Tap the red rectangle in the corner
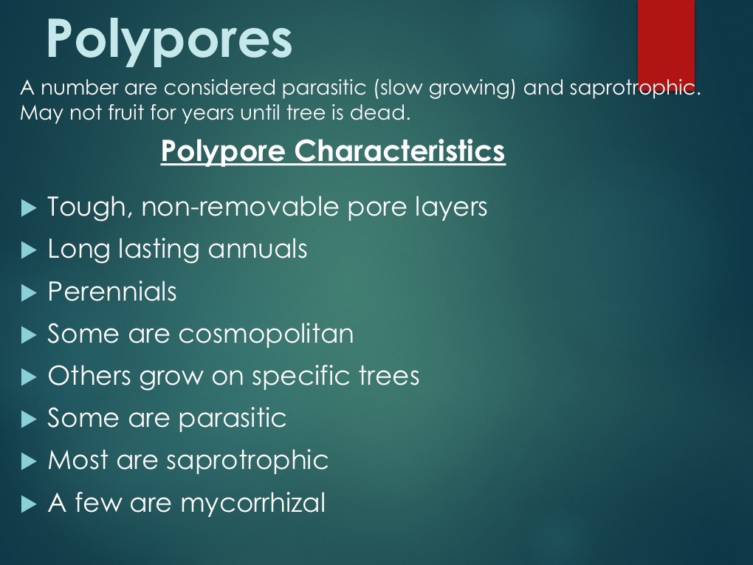pos(666,44)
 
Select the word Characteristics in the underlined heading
pos(399,151)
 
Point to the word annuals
pos(258,249)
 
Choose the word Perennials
pos(112,292)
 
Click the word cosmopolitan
pos(266,334)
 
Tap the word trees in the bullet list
pos(389,376)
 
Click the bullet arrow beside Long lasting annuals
pos(29,250)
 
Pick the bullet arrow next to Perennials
pos(29,292)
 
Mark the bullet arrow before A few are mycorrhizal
pos(29,504)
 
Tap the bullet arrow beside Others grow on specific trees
pos(29,377)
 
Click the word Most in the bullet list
pos(78,460)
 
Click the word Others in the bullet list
pos(89,376)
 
